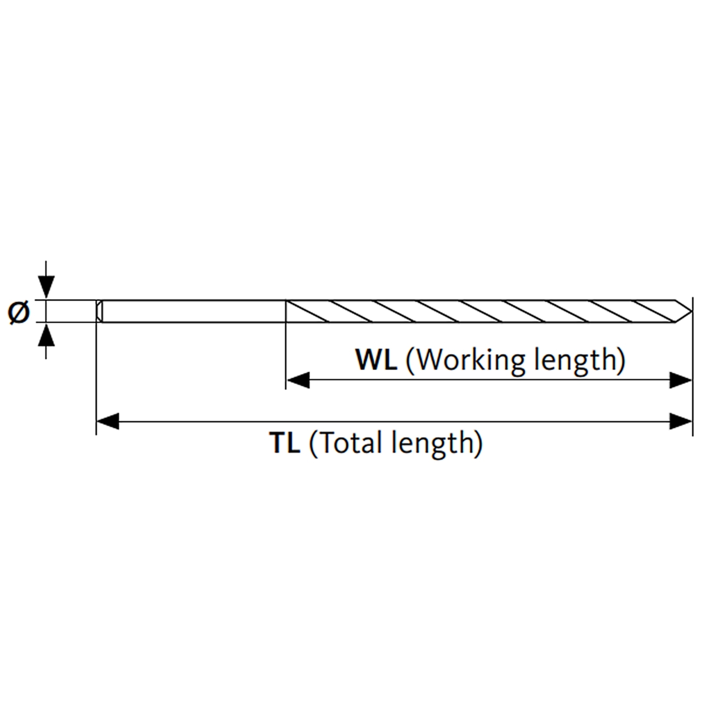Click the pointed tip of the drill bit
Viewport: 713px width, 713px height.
[691, 311]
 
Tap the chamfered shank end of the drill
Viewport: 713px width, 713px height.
[100, 311]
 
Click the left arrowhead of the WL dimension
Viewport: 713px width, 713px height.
[297, 381]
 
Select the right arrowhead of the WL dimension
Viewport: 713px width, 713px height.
[681, 381]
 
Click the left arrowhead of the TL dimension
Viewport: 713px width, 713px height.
[108, 421]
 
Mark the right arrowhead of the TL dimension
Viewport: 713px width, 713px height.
[681, 421]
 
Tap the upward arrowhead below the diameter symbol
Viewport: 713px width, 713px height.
[46, 335]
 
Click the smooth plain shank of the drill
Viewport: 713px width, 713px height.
[194, 311]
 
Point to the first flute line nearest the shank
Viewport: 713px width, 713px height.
[307, 311]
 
